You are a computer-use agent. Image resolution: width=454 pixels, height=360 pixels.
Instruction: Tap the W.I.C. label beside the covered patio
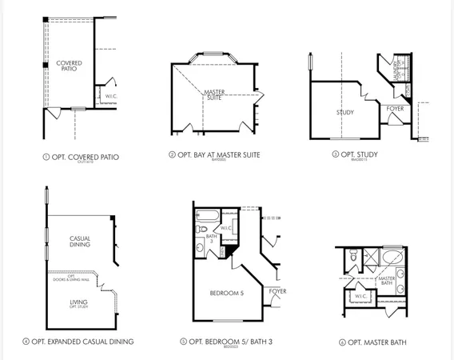[111, 97]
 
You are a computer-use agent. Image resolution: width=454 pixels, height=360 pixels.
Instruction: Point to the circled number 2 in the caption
[172, 154]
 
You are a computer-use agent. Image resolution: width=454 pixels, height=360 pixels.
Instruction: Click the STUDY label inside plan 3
[344, 112]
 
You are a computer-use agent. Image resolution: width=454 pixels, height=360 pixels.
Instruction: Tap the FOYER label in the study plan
[395, 108]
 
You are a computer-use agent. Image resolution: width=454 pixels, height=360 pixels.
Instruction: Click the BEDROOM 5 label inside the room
[226, 292]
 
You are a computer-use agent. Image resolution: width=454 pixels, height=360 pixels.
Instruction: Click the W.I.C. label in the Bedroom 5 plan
[226, 228]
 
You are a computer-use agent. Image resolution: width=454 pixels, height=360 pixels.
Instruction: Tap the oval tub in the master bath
[392, 258]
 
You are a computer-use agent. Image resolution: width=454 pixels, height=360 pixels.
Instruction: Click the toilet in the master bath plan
[352, 257]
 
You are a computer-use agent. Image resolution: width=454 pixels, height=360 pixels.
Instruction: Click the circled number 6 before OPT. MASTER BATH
[342, 342]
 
